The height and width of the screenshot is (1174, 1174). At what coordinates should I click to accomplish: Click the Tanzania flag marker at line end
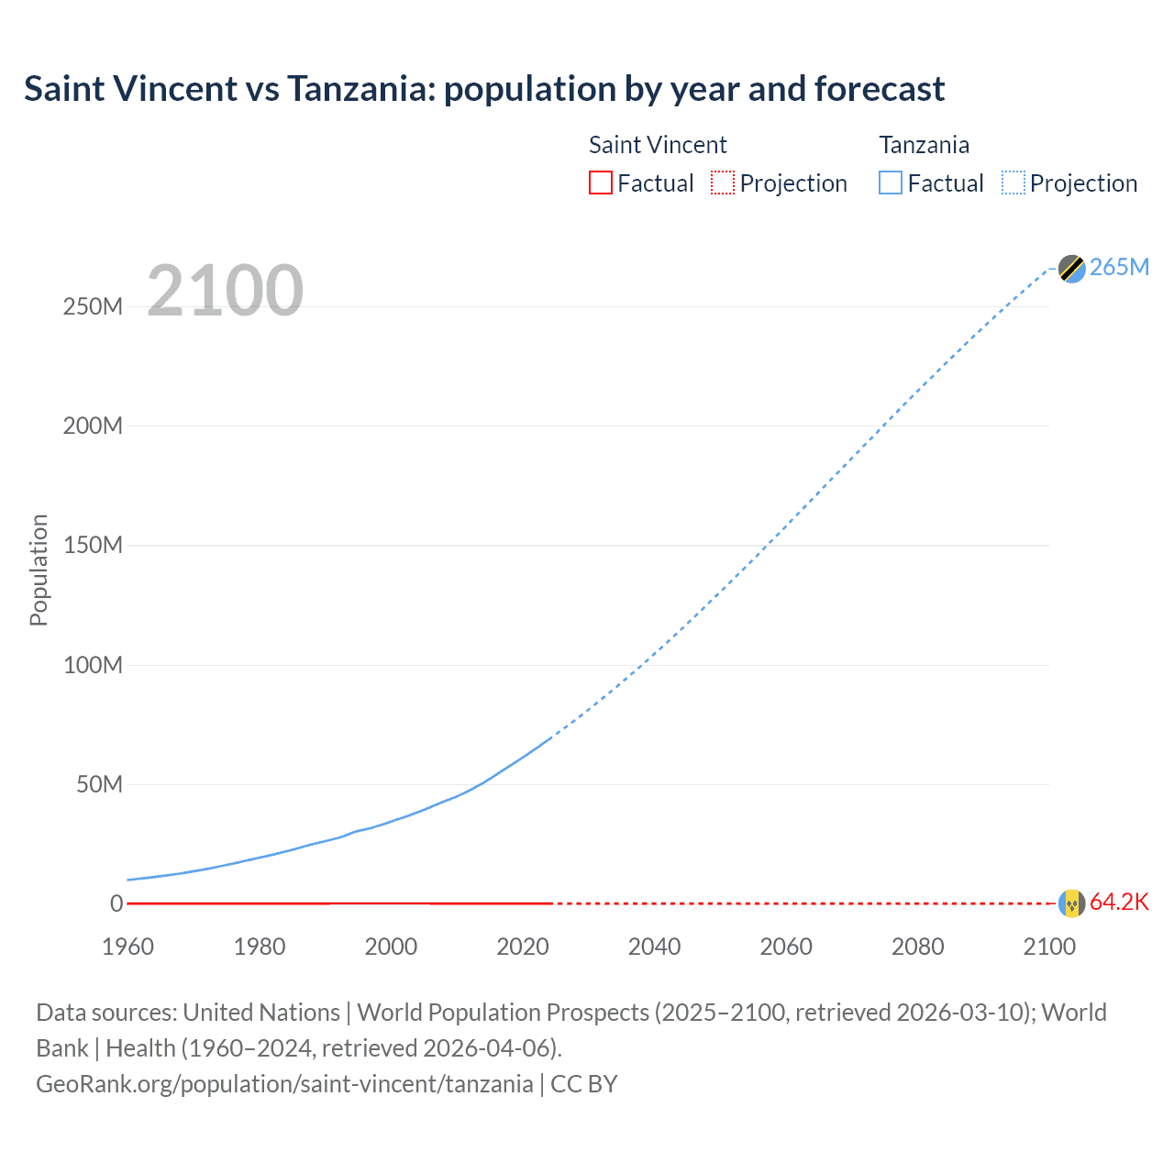(x=1071, y=268)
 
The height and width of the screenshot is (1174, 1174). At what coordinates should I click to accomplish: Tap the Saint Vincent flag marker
(x=1071, y=903)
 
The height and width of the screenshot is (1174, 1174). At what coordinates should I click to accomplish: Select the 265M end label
(x=1119, y=267)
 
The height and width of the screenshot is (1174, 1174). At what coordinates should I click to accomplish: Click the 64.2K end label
(x=1119, y=903)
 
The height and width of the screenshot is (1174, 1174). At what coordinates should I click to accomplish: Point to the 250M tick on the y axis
(x=93, y=306)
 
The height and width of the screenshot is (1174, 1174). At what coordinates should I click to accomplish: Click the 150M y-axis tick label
(x=93, y=546)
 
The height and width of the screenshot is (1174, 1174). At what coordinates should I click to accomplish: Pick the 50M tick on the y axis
(x=99, y=785)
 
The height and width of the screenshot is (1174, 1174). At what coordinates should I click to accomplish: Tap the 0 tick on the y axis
(x=116, y=904)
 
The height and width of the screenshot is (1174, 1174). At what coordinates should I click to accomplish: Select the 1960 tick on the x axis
(x=127, y=947)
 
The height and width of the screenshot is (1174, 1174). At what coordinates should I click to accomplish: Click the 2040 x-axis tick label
(x=654, y=947)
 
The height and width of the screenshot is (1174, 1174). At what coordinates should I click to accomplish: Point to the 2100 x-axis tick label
(x=1049, y=947)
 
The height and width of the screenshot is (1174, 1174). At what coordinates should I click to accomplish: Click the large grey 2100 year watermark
(x=225, y=291)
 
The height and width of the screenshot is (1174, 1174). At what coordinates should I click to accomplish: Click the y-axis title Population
(x=39, y=570)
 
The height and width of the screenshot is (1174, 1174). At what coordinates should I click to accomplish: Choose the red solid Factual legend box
(x=600, y=183)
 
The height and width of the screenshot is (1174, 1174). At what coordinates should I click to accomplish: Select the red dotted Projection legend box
(x=723, y=183)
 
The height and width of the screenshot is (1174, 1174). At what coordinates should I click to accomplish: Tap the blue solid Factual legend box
(x=891, y=183)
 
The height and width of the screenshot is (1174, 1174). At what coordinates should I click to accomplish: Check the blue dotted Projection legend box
(x=1013, y=183)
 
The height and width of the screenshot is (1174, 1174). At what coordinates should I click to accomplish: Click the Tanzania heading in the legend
(x=924, y=145)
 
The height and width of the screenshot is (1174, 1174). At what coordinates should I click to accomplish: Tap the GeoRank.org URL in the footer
(x=284, y=1084)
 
